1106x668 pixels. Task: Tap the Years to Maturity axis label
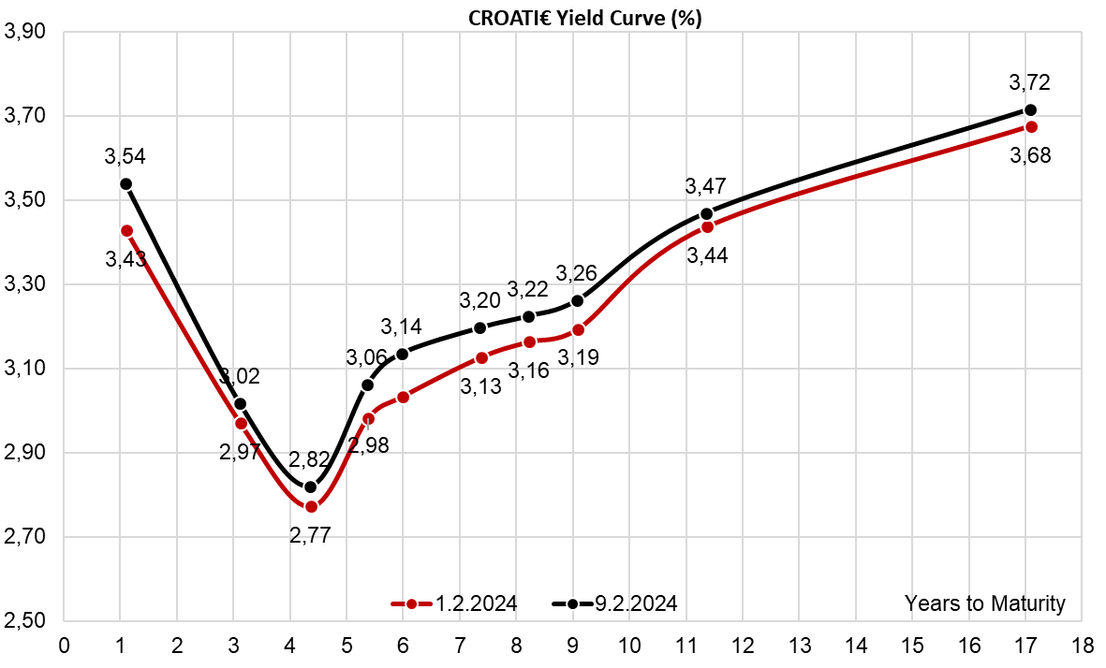click(984, 603)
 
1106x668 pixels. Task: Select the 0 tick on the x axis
click(64, 646)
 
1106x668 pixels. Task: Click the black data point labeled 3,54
click(125, 184)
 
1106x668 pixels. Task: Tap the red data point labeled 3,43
click(126, 230)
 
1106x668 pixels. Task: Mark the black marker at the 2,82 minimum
click(311, 486)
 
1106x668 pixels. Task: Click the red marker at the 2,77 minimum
click(312, 507)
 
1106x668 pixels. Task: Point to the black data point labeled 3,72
click(1030, 109)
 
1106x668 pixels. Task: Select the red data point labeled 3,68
click(1031, 126)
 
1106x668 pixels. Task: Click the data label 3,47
click(706, 186)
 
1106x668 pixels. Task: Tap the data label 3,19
click(578, 356)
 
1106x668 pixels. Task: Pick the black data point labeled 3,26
click(577, 300)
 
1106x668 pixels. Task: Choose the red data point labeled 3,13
click(481, 357)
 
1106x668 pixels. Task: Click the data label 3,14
click(401, 327)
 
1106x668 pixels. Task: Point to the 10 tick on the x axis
click(628, 646)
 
